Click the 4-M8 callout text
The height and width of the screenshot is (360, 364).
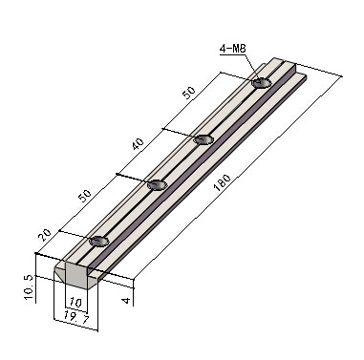pyautogui.click(x=233, y=49)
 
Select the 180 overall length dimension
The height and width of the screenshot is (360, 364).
pyautogui.click(x=223, y=182)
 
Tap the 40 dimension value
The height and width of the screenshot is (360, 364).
pyautogui.click(x=139, y=144)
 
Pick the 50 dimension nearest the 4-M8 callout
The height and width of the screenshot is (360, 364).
pyautogui.click(x=189, y=93)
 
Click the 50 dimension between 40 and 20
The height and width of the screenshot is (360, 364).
pyautogui.click(x=85, y=196)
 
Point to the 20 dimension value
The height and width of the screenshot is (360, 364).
pyautogui.click(x=45, y=235)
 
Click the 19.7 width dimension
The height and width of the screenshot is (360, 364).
pyautogui.click(x=75, y=317)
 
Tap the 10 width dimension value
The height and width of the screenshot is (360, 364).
pyautogui.click(x=75, y=302)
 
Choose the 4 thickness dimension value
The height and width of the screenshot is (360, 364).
pyautogui.click(x=127, y=300)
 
